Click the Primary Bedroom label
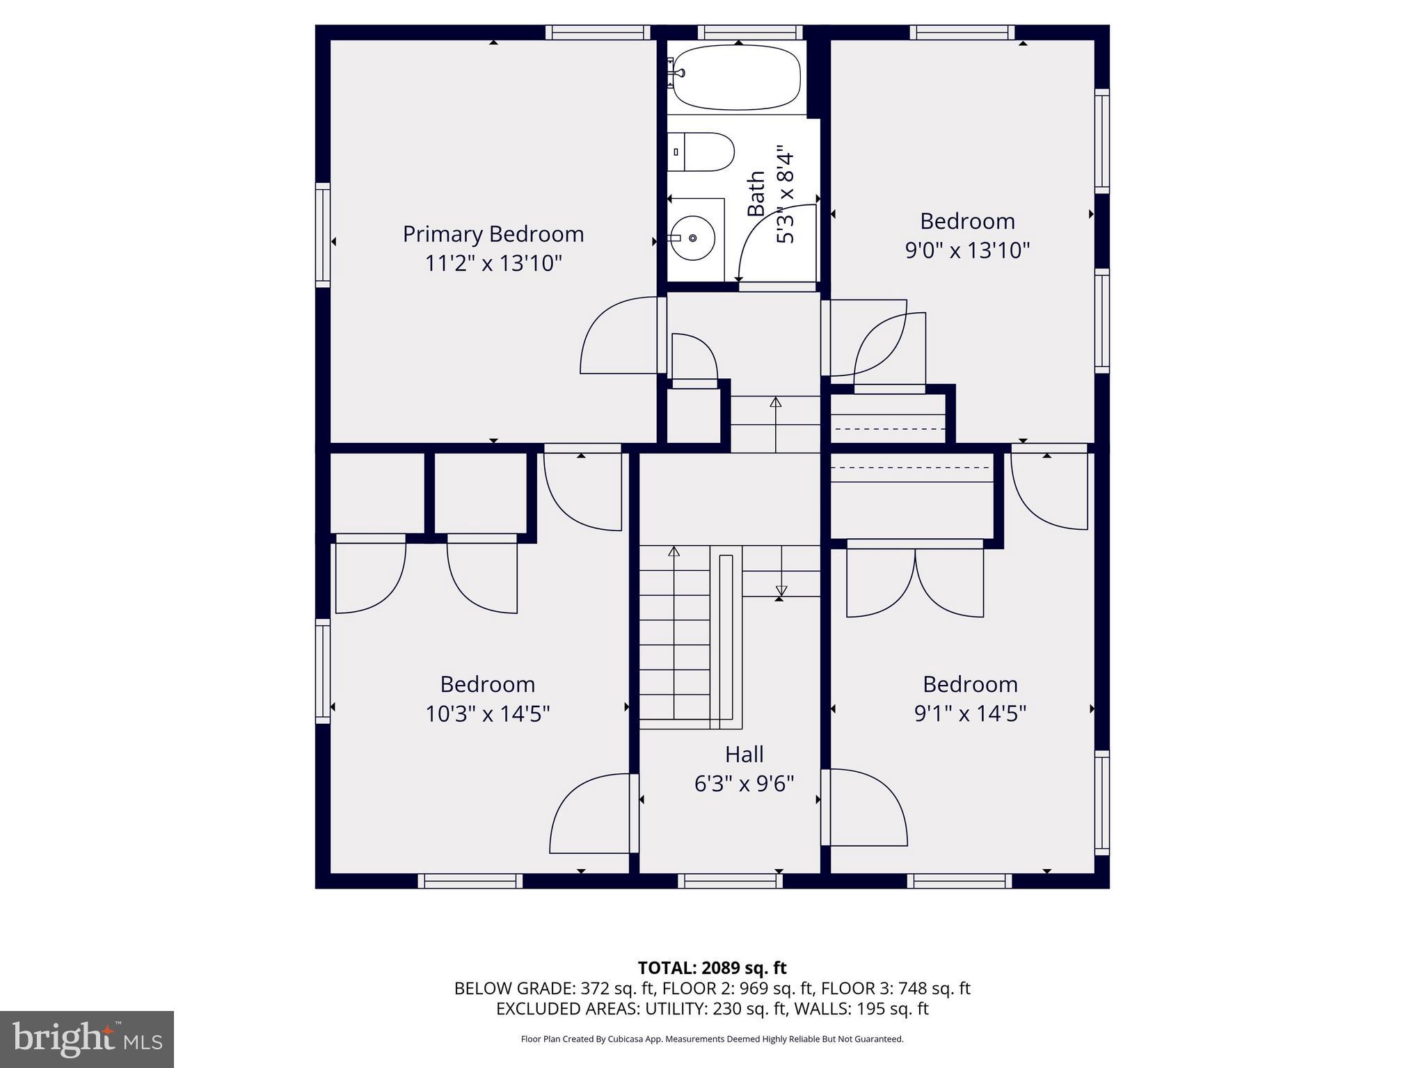click(x=493, y=234)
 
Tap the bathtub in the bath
click(x=738, y=77)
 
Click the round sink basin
click(x=693, y=238)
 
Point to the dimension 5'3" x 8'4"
click(x=785, y=195)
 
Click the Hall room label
click(x=744, y=754)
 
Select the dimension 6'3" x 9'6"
click(x=744, y=784)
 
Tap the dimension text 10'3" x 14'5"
click(x=487, y=714)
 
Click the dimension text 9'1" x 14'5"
click(x=970, y=714)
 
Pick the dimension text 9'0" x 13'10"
click(x=967, y=250)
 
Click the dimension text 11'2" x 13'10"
click(x=493, y=264)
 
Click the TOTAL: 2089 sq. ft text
click(x=712, y=968)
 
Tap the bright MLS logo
click(x=87, y=1039)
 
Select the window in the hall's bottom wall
click(x=730, y=881)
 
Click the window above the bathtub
click(x=750, y=32)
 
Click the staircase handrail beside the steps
click(x=726, y=636)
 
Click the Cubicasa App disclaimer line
click(x=712, y=1039)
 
